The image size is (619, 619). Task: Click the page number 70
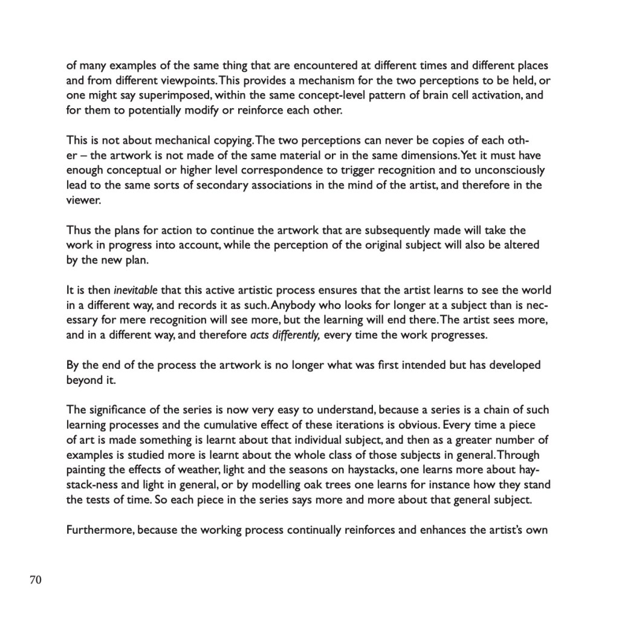[35, 580]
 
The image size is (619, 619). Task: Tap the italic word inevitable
[135, 290]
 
